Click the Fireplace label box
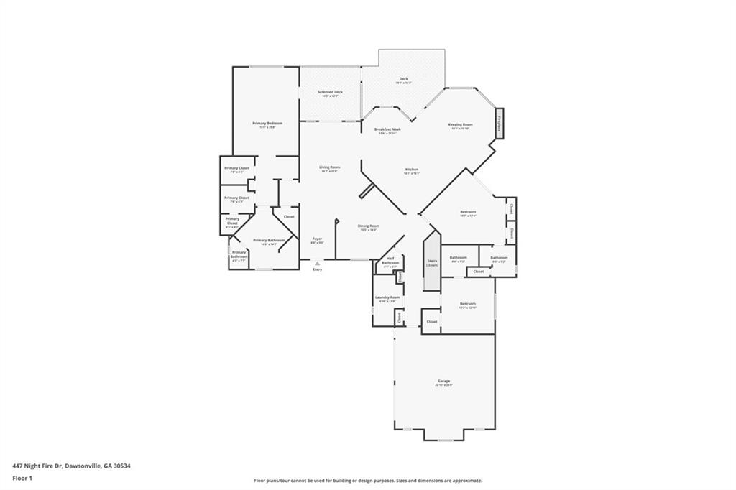[500, 123]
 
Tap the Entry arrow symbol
[317, 264]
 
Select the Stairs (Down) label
[432, 263]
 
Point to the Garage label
[444, 381]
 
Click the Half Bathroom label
[390, 260]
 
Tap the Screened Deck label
[330, 92]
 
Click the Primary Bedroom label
[267, 124]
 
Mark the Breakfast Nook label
[387, 129]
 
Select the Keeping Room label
[460, 124]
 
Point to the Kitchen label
[411, 170]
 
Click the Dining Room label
[369, 226]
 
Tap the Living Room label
[329, 167]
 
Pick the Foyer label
[317, 239]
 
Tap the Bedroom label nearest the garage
[468, 304]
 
